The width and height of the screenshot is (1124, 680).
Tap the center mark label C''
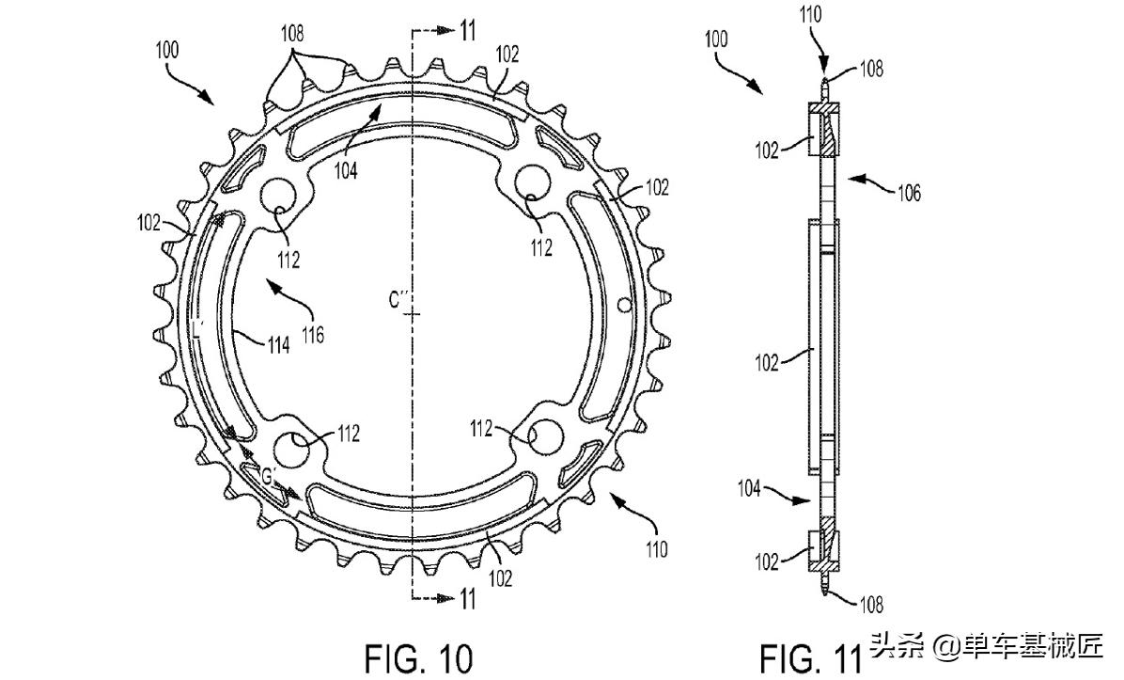point(401,300)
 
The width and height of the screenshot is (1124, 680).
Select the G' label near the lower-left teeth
point(269,476)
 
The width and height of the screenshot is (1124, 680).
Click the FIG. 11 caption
point(810,656)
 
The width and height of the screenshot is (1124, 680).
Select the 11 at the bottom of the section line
point(467,598)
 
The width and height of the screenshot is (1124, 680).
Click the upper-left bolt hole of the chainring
point(279,193)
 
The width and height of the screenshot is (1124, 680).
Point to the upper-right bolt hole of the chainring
point(533,181)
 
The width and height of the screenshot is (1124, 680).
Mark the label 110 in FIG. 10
point(656,548)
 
